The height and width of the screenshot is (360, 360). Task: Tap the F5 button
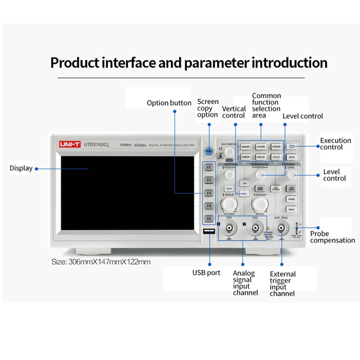(x=209, y=219)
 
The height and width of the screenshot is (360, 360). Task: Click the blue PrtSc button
(x=209, y=151)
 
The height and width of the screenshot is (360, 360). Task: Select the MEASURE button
(x=245, y=147)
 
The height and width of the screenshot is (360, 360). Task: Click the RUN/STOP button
(x=291, y=147)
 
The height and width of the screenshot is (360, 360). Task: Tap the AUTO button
(x=291, y=157)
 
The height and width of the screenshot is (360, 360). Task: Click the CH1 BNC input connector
(x=230, y=228)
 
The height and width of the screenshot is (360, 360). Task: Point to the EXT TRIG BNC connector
(x=281, y=228)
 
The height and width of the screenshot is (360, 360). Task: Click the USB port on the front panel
(x=209, y=232)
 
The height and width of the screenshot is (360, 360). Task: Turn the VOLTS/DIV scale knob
(x=229, y=205)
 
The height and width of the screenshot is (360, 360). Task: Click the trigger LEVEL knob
(x=291, y=174)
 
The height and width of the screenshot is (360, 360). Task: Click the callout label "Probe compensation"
(x=332, y=237)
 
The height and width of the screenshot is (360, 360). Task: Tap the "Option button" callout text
(x=169, y=103)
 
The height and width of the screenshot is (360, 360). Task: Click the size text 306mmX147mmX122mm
(x=101, y=262)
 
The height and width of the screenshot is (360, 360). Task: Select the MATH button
(x=229, y=188)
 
